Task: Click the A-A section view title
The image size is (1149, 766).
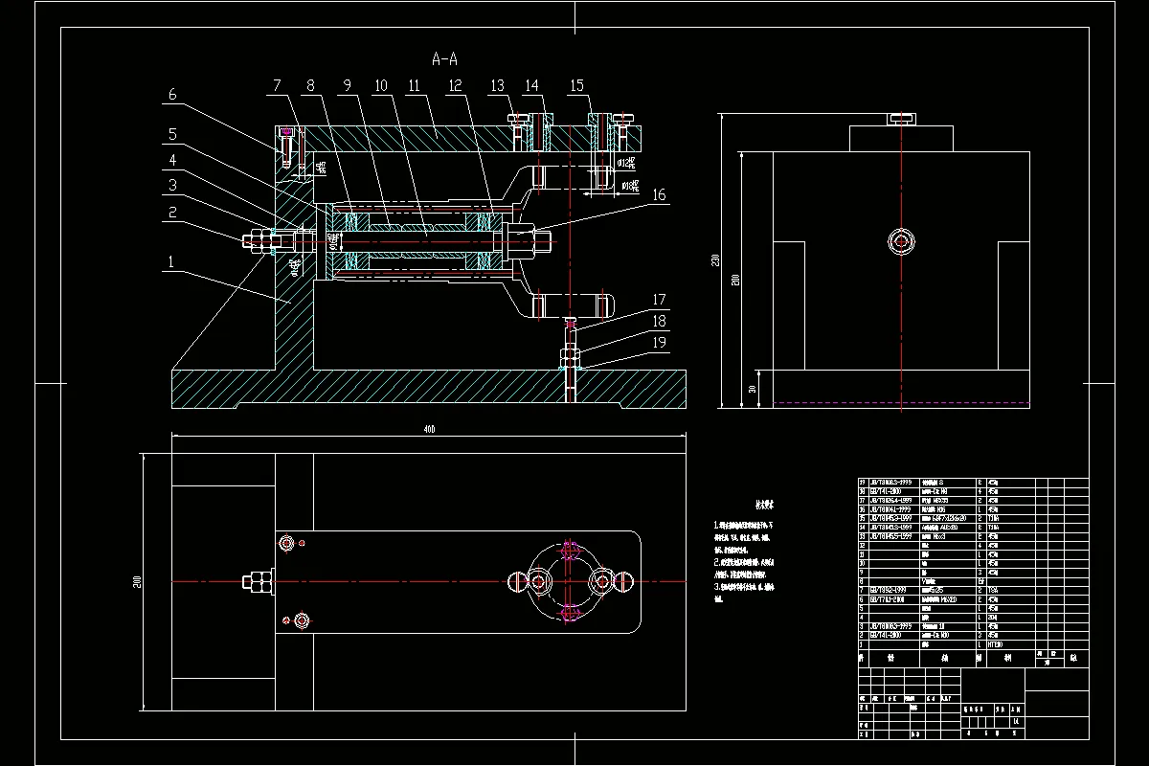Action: pos(444,59)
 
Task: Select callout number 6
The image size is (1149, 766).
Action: pos(173,95)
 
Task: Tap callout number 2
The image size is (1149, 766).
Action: pos(173,213)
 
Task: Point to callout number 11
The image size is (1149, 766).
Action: pos(414,86)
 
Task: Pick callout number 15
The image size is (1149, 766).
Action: pos(577,86)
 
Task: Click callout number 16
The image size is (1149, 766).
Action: pos(659,195)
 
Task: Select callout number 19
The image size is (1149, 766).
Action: pos(659,342)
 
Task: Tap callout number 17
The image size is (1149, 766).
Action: pos(659,300)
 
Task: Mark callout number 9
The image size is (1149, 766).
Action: pos(346,86)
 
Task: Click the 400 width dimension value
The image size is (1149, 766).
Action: pos(429,430)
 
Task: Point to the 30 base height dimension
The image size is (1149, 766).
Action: pos(753,389)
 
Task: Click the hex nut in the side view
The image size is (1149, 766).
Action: pos(900,242)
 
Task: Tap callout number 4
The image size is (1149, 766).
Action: pos(173,159)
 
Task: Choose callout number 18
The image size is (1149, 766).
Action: pos(659,321)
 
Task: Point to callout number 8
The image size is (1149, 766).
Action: pos(310,86)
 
